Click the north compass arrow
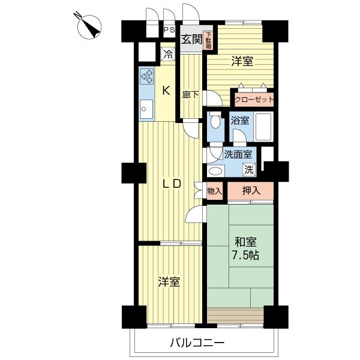click(x=91, y=26)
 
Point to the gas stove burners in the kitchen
click(x=147, y=76)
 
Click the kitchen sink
click(x=146, y=109)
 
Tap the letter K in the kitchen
click(x=167, y=91)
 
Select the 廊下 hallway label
click(x=190, y=95)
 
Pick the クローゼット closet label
click(x=254, y=100)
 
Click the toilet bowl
click(x=215, y=121)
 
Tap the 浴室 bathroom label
click(x=240, y=120)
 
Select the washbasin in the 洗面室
click(x=214, y=169)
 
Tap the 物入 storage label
click(x=214, y=191)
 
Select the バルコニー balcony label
click(x=196, y=343)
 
